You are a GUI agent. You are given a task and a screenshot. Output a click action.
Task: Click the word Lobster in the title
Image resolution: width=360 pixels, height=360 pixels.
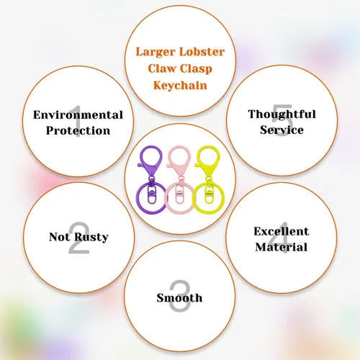click(202, 52)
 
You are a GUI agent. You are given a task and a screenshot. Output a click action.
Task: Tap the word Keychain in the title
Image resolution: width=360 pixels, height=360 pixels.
click(180, 85)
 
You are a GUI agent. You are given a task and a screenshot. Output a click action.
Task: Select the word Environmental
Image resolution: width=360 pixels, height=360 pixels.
click(78, 114)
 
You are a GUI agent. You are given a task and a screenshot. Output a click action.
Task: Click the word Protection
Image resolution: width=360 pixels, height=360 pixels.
click(78, 130)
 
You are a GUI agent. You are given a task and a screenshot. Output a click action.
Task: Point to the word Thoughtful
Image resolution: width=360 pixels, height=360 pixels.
click(282, 114)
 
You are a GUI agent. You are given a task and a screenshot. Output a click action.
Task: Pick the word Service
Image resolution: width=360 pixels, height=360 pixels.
click(282, 130)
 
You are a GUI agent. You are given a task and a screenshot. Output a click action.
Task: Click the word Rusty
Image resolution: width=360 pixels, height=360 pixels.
click(91, 238)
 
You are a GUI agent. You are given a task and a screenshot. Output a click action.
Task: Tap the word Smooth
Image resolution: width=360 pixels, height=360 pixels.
click(179, 298)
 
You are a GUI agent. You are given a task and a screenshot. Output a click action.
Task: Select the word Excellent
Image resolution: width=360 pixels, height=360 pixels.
click(282, 231)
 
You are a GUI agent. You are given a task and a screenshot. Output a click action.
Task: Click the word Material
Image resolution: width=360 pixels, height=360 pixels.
click(282, 247)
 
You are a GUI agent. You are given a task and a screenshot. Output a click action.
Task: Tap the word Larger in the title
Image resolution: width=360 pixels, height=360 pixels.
click(156, 52)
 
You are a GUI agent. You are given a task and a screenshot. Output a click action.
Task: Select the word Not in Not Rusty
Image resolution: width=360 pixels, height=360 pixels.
click(60, 237)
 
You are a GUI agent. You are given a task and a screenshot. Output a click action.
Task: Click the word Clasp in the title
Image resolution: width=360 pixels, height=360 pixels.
click(196, 69)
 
